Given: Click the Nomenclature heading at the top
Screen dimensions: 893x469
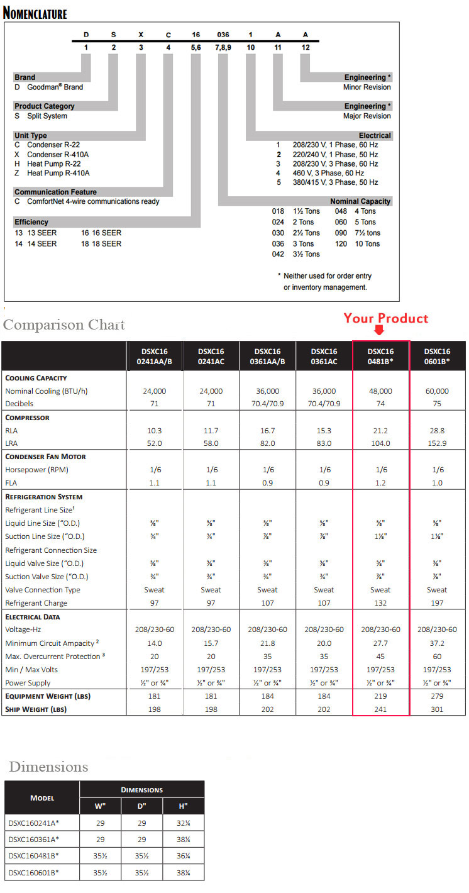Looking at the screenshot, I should (35, 13).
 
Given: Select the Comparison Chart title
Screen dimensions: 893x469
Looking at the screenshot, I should (64, 325).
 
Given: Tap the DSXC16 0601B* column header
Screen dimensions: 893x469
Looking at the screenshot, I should (437, 357).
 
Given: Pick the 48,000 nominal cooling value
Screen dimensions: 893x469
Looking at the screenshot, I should (380, 391).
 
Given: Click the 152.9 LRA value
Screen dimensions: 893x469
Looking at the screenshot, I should (437, 443).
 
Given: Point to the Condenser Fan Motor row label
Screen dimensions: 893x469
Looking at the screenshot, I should (46, 457).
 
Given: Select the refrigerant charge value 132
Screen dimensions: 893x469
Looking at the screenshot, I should (380, 603).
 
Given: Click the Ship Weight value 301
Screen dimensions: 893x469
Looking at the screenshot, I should (437, 709).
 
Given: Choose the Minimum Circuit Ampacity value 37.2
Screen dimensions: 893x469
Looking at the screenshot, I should (437, 643).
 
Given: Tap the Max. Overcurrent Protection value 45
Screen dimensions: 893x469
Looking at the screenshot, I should (380, 657).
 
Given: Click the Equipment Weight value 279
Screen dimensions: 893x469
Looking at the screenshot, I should (437, 696).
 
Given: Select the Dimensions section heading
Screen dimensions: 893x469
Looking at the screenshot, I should (48, 767).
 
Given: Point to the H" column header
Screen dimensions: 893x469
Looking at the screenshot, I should (183, 806).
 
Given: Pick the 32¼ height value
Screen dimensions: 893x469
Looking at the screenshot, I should (183, 823).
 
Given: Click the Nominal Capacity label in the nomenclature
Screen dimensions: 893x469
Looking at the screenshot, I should (360, 201).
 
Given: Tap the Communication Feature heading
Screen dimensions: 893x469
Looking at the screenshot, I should (55, 192).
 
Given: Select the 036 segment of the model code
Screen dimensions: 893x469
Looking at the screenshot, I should (223, 36).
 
